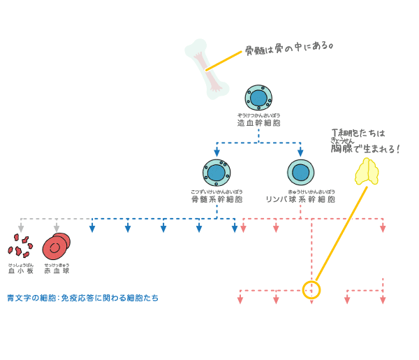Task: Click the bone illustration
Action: tap(207, 69)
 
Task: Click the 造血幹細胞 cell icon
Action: tap(258, 99)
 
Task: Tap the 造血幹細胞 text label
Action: tap(258, 123)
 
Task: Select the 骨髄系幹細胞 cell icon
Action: tap(216, 173)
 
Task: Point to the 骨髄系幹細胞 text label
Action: tap(216, 199)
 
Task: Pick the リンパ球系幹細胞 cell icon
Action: tap(300, 173)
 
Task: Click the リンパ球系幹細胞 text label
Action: tap(300, 199)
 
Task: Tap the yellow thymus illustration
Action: tap(367, 171)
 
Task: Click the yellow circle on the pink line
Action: tap(311, 289)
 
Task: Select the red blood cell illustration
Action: tap(56, 247)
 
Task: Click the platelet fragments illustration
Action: tap(20, 246)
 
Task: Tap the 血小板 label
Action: tap(20, 271)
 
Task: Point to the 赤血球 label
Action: tap(57, 271)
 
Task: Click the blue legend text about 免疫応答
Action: tap(82, 298)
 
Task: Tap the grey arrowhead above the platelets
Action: tap(21, 228)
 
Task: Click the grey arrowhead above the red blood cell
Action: tap(57, 228)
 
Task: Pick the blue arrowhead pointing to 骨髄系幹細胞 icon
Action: tap(216, 152)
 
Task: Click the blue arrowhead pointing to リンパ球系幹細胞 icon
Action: tap(300, 152)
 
